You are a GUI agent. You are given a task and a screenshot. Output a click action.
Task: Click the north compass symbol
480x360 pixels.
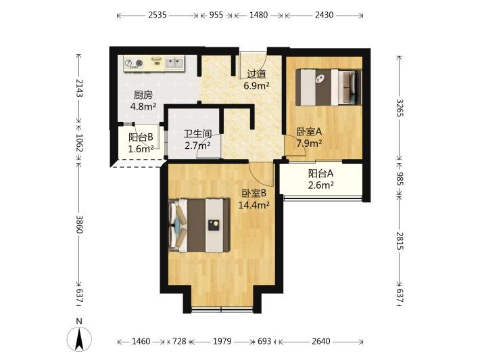(79, 339)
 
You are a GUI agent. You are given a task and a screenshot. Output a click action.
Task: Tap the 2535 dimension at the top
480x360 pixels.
(158, 15)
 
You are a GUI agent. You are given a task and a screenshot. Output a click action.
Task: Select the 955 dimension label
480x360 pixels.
(216, 15)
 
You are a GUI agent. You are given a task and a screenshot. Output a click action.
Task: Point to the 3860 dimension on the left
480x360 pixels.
(79, 224)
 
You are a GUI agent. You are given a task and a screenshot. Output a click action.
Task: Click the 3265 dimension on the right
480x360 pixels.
(400, 108)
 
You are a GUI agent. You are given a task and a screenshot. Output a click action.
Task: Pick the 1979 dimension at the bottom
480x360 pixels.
(222, 341)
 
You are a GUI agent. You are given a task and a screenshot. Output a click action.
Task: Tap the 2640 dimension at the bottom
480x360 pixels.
(321, 341)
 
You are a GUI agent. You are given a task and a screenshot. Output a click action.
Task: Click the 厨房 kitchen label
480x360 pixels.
(143, 95)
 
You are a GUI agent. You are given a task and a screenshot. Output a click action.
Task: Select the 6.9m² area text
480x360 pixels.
(256, 86)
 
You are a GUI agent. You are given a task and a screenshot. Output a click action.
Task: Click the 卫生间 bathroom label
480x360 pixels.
(197, 134)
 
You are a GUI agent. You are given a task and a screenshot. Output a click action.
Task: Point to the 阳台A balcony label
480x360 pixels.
(320, 174)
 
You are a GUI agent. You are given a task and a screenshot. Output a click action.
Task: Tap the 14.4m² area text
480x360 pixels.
(254, 204)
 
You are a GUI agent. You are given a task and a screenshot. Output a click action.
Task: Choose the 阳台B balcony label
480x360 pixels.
(141, 137)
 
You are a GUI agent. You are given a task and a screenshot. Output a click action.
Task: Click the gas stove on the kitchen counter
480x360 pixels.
(135, 63)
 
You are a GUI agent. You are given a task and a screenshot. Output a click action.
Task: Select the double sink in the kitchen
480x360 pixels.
(174, 63)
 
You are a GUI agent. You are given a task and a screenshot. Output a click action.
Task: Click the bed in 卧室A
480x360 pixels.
(329, 87)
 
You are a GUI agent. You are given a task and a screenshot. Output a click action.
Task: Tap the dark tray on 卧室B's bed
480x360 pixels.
(214, 225)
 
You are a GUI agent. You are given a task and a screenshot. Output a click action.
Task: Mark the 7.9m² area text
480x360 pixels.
(309, 143)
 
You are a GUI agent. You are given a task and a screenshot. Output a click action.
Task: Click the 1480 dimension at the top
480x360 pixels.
(258, 15)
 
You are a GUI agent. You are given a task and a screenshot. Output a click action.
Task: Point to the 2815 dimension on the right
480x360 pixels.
(400, 241)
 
